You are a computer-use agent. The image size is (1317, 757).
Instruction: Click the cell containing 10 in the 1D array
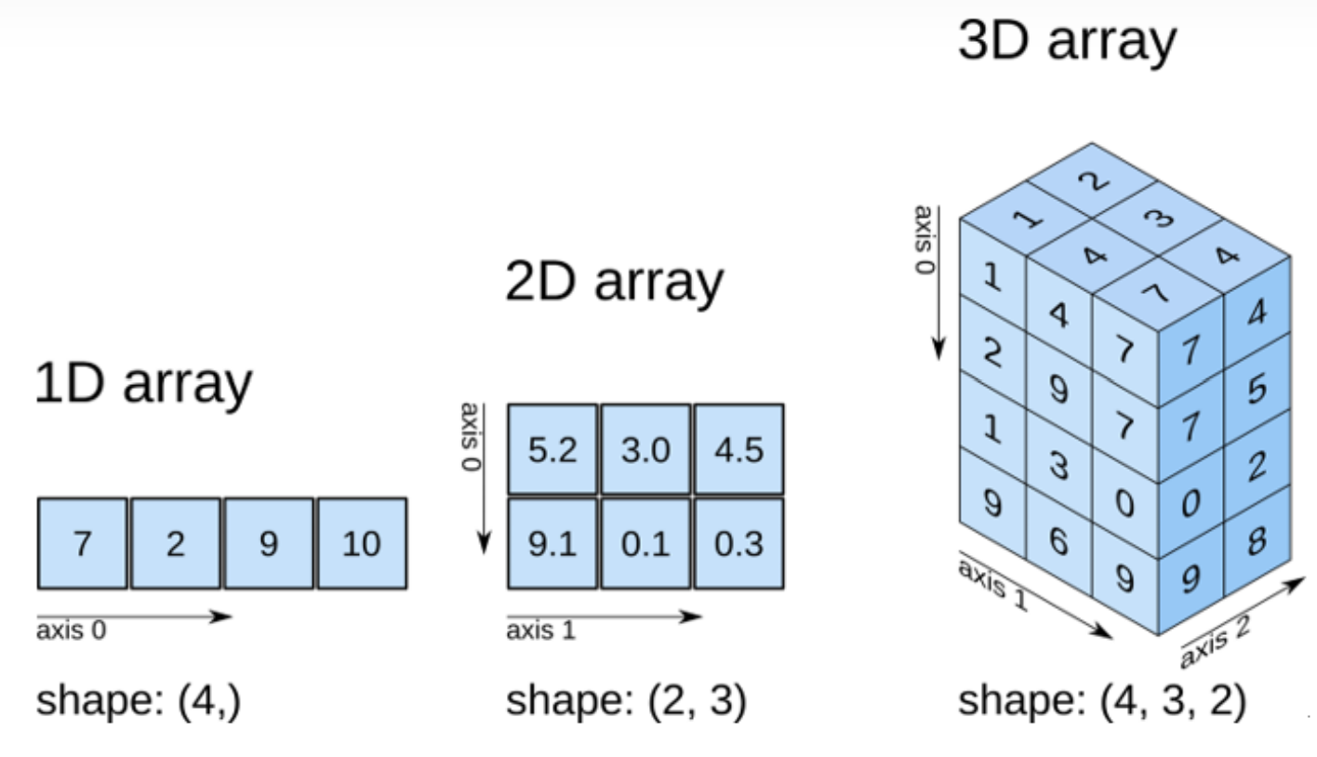362,543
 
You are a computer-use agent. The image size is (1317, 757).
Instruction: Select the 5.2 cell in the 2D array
552,449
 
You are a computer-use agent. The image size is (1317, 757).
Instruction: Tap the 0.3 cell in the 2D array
738,543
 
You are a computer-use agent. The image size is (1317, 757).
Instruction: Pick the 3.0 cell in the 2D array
645,449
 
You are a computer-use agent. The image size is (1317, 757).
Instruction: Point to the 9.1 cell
552,543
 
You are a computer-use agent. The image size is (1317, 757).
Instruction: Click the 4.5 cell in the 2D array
738,449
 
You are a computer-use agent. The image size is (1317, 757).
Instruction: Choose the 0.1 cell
645,543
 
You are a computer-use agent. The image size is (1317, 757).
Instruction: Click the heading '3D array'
1067,42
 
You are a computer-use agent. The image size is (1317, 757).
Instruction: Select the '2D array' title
614,281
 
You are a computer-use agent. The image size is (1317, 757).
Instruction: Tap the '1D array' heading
143,382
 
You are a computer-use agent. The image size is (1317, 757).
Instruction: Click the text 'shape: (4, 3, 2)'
1101,700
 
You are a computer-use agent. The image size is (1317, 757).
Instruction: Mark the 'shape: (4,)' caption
139,700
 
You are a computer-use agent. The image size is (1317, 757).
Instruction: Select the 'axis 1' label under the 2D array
540,631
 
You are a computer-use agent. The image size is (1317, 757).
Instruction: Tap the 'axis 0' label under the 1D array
71,631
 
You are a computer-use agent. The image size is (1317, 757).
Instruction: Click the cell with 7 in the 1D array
83,543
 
